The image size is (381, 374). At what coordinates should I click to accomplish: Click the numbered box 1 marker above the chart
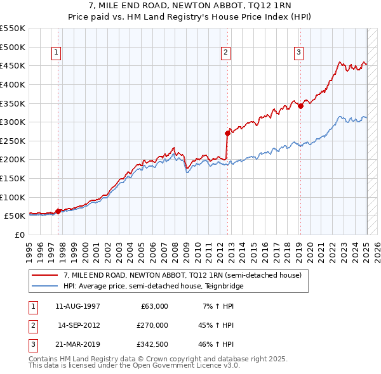click(57, 53)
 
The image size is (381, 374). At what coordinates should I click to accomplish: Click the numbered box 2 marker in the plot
click(225, 53)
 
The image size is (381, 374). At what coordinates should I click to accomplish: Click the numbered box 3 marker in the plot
click(298, 53)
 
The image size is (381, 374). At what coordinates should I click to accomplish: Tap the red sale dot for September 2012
click(227, 133)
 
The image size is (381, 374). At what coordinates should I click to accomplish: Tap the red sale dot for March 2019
click(301, 106)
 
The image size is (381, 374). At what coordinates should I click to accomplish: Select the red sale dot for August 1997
click(58, 211)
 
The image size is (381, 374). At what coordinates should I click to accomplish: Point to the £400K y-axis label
click(13, 84)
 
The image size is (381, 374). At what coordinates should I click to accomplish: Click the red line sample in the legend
click(46, 275)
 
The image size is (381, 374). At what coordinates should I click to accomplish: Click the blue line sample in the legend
click(46, 286)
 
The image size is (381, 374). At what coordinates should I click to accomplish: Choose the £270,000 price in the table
click(152, 325)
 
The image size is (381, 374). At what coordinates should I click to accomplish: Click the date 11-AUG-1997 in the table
click(78, 306)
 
